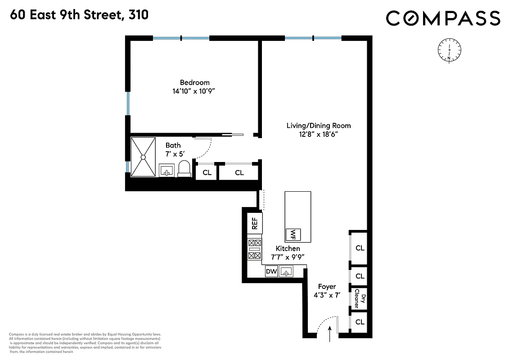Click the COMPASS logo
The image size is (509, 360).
443,18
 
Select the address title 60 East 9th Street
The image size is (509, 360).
78,15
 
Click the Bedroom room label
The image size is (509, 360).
194,82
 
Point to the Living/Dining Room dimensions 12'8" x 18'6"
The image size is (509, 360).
319,134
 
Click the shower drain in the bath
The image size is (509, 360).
143,157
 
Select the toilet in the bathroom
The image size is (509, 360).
184,169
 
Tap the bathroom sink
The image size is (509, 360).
167,171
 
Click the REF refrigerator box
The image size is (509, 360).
255,223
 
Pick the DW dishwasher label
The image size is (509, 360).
271,271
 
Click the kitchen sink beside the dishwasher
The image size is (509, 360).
286,271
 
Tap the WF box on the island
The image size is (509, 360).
293,234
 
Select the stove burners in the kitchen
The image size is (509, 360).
255,249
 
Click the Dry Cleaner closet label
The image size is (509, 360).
360,298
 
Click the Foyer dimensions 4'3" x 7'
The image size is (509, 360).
327,295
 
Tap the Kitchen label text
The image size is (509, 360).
288,248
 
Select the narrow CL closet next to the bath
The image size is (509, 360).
207,172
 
